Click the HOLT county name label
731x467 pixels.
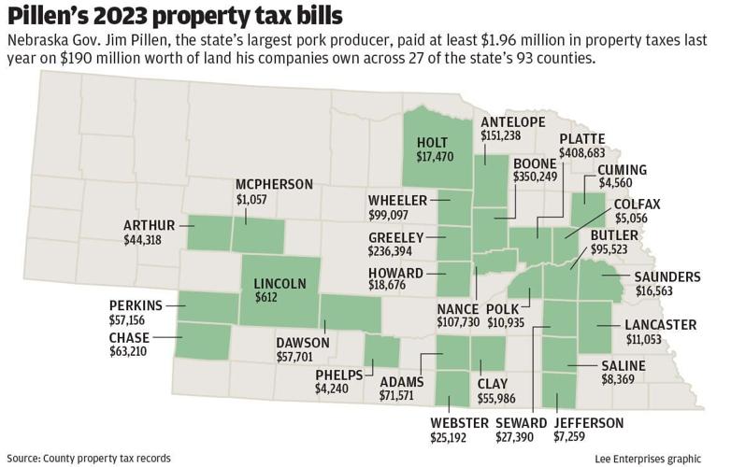435,143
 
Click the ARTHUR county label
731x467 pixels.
149,224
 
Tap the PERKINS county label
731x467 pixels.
135,305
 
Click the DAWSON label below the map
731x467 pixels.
303,343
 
